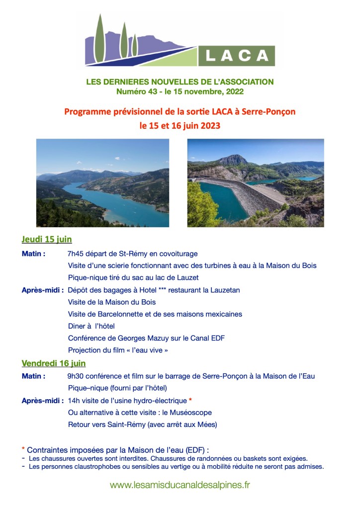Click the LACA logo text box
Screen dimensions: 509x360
coord(237,55)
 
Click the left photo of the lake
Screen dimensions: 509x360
coord(102,183)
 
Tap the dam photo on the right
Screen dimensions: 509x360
coord(256,183)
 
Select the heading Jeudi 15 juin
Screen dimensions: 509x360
coord(47,239)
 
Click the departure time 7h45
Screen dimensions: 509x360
coord(76,254)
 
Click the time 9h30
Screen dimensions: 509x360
coord(76,376)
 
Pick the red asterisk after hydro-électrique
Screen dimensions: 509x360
coord(190,400)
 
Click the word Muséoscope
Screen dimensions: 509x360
coord(191,413)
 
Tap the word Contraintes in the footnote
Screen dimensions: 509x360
coord(49,449)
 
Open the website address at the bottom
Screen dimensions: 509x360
coord(180,485)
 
